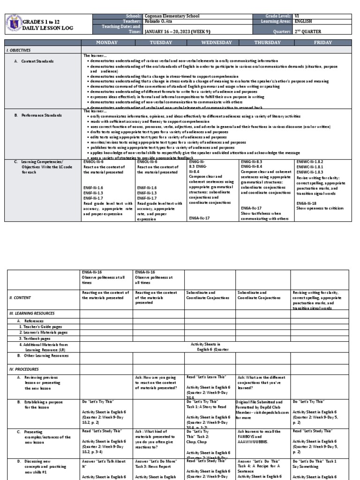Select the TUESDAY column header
tap(161, 43)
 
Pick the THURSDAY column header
tap(267, 43)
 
